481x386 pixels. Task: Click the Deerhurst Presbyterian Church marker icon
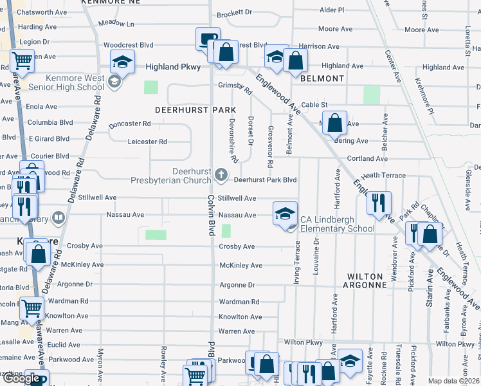221,174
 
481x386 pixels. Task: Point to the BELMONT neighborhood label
322,78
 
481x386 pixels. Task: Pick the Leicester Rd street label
147,142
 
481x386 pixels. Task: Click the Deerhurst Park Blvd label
264,180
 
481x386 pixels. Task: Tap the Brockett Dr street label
234,12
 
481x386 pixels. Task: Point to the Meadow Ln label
116,24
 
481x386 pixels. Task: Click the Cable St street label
314,104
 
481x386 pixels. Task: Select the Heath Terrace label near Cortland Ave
383,175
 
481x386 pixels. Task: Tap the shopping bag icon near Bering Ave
336,122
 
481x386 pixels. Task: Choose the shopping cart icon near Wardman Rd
32,309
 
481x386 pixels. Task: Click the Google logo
22,378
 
